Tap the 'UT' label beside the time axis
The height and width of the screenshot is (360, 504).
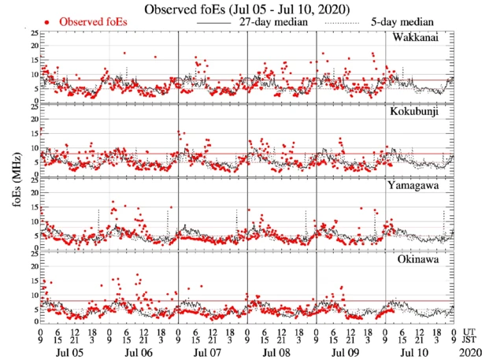[x=471, y=332]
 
